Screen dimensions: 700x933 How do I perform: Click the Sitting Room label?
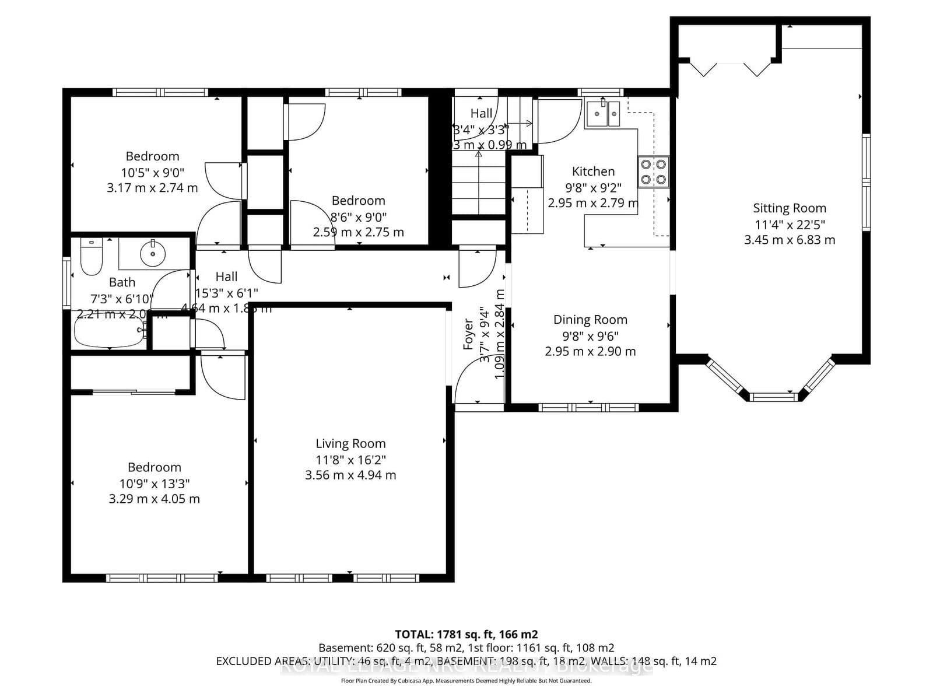pyautogui.click(x=789, y=208)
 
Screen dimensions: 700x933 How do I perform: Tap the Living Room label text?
pyautogui.click(x=350, y=444)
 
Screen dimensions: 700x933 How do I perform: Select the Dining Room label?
pyautogui.click(x=590, y=320)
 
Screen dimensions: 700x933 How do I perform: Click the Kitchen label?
pyautogui.click(x=593, y=171)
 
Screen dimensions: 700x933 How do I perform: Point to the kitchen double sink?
pyautogui.click(x=603, y=114)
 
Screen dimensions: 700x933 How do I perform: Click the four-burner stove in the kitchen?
pyautogui.click(x=653, y=171)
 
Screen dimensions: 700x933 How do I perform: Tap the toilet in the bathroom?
pyautogui.click(x=91, y=257)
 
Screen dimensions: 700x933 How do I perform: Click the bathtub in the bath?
pyautogui.click(x=109, y=331)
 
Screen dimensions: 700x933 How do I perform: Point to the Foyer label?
pyautogui.click(x=468, y=334)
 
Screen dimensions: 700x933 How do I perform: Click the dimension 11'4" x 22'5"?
pyautogui.click(x=790, y=225)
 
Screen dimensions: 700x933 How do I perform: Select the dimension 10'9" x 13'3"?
pyautogui.click(x=155, y=484)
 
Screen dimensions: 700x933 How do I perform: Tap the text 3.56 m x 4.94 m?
pyautogui.click(x=350, y=475)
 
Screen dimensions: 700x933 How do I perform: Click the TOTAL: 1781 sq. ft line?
pyautogui.click(x=466, y=634)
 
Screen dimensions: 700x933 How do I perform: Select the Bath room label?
pyautogui.click(x=122, y=282)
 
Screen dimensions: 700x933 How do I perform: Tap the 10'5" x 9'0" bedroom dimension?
pyautogui.click(x=152, y=173)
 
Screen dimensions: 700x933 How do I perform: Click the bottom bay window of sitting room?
pyautogui.click(x=772, y=397)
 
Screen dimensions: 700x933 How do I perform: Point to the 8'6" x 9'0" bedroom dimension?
pyautogui.click(x=358, y=217)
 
